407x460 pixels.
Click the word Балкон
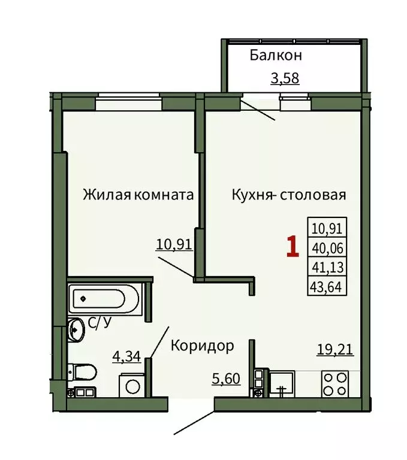[x=276, y=56]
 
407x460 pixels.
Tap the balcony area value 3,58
[x=285, y=78]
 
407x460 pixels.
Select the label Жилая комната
[x=138, y=195]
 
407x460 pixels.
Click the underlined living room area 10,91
[x=173, y=244]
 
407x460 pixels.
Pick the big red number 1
[x=293, y=247]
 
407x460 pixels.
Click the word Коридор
[x=202, y=346]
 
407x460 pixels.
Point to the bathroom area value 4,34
[x=126, y=356]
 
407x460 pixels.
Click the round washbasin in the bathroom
[x=76, y=329]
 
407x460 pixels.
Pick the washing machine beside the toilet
[x=130, y=384]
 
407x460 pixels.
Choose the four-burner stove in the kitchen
[x=335, y=383]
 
